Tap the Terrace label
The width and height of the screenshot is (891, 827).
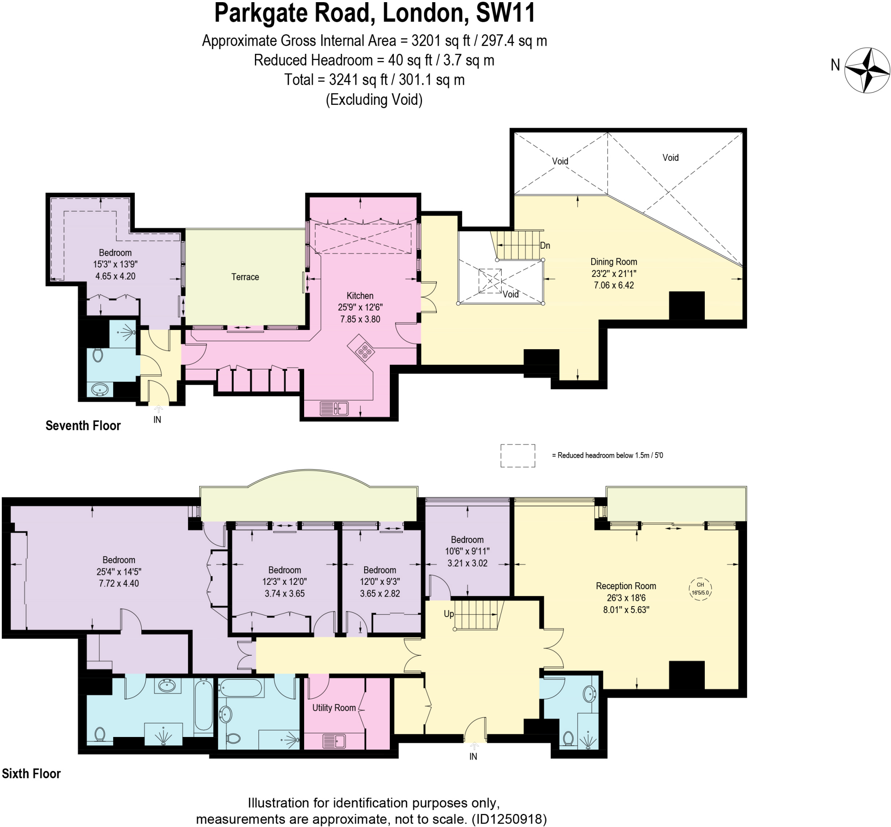(x=245, y=277)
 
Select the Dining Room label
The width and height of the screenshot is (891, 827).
(x=613, y=262)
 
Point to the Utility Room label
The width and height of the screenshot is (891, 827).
(x=334, y=707)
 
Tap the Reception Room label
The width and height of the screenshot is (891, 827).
(x=626, y=586)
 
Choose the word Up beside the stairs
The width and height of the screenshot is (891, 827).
(x=449, y=614)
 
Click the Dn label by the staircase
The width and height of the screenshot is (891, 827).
(x=544, y=245)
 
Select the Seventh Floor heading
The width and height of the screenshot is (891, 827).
(x=83, y=426)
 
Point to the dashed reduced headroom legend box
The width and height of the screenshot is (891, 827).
(x=517, y=456)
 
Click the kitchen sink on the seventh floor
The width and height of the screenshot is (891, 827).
(x=334, y=409)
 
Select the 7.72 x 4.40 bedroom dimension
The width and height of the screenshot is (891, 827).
(x=119, y=584)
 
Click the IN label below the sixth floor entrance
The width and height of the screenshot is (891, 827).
(x=473, y=756)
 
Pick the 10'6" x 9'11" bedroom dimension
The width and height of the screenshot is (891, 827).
(x=467, y=551)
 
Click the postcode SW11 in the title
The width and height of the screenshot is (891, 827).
(x=506, y=13)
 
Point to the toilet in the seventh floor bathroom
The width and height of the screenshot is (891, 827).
(x=98, y=355)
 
